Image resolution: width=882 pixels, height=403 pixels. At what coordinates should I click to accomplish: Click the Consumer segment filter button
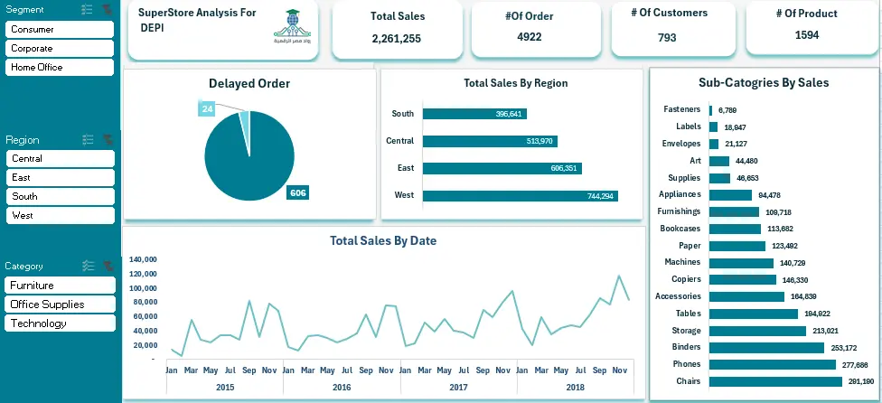pos(60,30)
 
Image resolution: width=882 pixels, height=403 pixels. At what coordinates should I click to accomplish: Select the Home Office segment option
pos(60,68)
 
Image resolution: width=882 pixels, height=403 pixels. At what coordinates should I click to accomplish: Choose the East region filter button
pos(60,178)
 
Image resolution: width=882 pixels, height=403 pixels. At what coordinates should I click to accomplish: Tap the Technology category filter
pos(60,323)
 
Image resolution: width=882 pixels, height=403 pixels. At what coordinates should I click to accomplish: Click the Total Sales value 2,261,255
pos(396,39)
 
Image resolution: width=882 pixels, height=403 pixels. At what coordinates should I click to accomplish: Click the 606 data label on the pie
pos(297,192)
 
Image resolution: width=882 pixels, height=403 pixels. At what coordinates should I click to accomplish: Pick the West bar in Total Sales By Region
pos(520,196)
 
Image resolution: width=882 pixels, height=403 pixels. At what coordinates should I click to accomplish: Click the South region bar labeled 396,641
pos(474,114)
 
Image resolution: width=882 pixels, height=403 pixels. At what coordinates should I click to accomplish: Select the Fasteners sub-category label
pos(681,109)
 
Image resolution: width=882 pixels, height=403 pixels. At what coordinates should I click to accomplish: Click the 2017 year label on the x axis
pos(458,387)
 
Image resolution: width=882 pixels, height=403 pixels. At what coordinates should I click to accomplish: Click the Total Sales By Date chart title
pos(383,241)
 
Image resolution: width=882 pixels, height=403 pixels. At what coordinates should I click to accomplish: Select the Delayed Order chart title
pos(249,84)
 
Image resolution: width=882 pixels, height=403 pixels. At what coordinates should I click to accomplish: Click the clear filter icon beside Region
pos(108,140)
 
